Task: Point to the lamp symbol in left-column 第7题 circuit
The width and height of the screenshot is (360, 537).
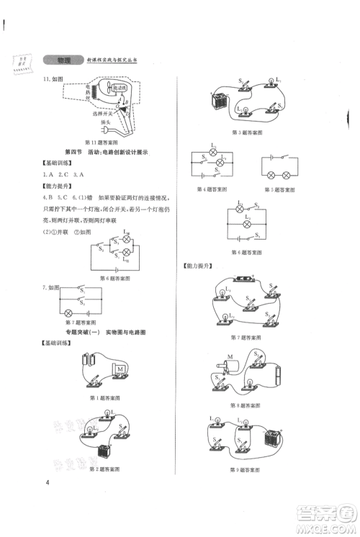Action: (70, 314)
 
